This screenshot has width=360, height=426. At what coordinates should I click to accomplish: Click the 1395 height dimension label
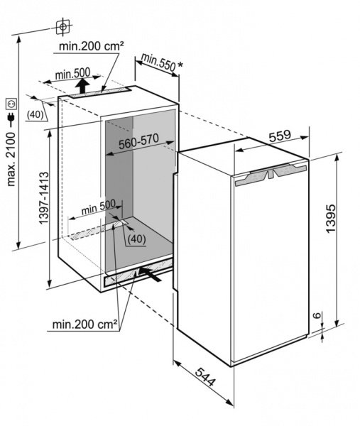pos(331,219)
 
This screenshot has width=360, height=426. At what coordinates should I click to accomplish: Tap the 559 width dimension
pos(280,136)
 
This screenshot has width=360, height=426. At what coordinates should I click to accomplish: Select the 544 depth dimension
pos(206,376)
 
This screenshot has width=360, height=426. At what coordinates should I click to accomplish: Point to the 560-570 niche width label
pos(138,141)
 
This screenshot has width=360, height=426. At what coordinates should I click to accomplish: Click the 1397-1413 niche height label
pos(44,198)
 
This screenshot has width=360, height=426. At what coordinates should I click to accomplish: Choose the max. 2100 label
pos(11,159)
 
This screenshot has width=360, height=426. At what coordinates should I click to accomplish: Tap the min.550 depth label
pos(158,63)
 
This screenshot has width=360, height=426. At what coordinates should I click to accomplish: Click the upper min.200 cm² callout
pos(92,46)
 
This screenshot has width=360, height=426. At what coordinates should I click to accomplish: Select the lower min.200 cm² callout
pos(84,324)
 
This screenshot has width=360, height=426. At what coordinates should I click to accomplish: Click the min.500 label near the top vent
pos(72,73)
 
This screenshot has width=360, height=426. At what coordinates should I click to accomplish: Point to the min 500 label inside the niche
pos(99,207)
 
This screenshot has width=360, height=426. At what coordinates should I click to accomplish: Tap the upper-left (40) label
pos(36,114)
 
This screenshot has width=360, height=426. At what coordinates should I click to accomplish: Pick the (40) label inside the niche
pos(136,239)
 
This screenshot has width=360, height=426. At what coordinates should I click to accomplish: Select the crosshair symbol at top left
pos(63,27)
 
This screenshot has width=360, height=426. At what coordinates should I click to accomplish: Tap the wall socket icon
pos(11,104)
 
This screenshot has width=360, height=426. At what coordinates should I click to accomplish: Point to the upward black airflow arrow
pos(82,85)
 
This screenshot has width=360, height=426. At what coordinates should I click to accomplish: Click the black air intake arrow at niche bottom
pos(149,273)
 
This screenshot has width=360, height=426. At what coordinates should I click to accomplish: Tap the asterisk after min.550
pos(180,65)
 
